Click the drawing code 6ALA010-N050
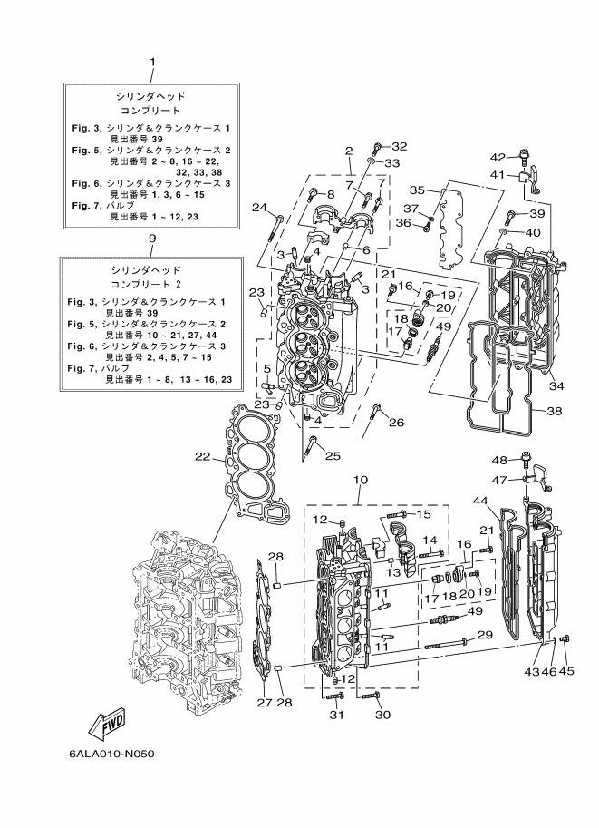click(x=111, y=754)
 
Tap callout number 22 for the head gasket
click(x=203, y=457)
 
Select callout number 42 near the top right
click(x=498, y=157)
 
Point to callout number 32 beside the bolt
click(x=399, y=146)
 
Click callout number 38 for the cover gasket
click(x=554, y=411)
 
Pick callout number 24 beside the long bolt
click(x=259, y=208)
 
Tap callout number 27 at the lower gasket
click(x=265, y=703)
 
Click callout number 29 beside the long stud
click(x=485, y=634)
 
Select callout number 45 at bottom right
click(x=566, y=671)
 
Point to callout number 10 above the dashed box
click(x=361, y=480)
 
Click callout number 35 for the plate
click(x=417, y=190)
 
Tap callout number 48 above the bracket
click(x=499, y=461)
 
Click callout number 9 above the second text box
click(x=152, y=239)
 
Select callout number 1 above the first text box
click(x=152, y=62)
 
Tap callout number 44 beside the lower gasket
click(x=479, y=500)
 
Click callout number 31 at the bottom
click(x=337, y=715)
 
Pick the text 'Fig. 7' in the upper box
click(x=84, y=206)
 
